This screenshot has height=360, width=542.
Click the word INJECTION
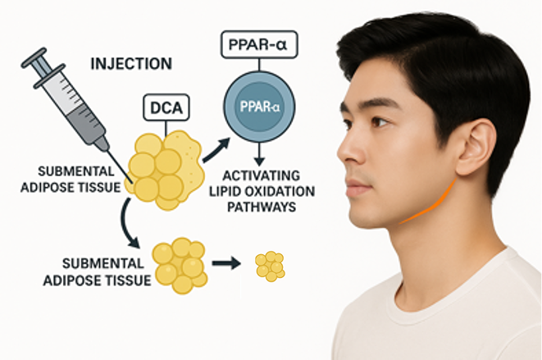coord(131,64)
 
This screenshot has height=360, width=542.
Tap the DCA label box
coord(166,107)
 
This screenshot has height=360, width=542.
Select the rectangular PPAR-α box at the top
coord(259,44)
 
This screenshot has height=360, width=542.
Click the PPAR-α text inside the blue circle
coord(260,107)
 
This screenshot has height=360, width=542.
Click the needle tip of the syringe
coord(132,183)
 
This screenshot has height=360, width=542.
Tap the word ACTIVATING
coord(262,175)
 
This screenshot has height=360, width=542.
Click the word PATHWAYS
coord(262,207)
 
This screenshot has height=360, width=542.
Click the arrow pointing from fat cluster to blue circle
coord(216,150)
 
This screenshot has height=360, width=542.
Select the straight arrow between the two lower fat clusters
coord(226,263)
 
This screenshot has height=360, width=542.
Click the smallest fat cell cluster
coord(271,266)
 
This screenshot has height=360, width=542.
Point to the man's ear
coord(477,147)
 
